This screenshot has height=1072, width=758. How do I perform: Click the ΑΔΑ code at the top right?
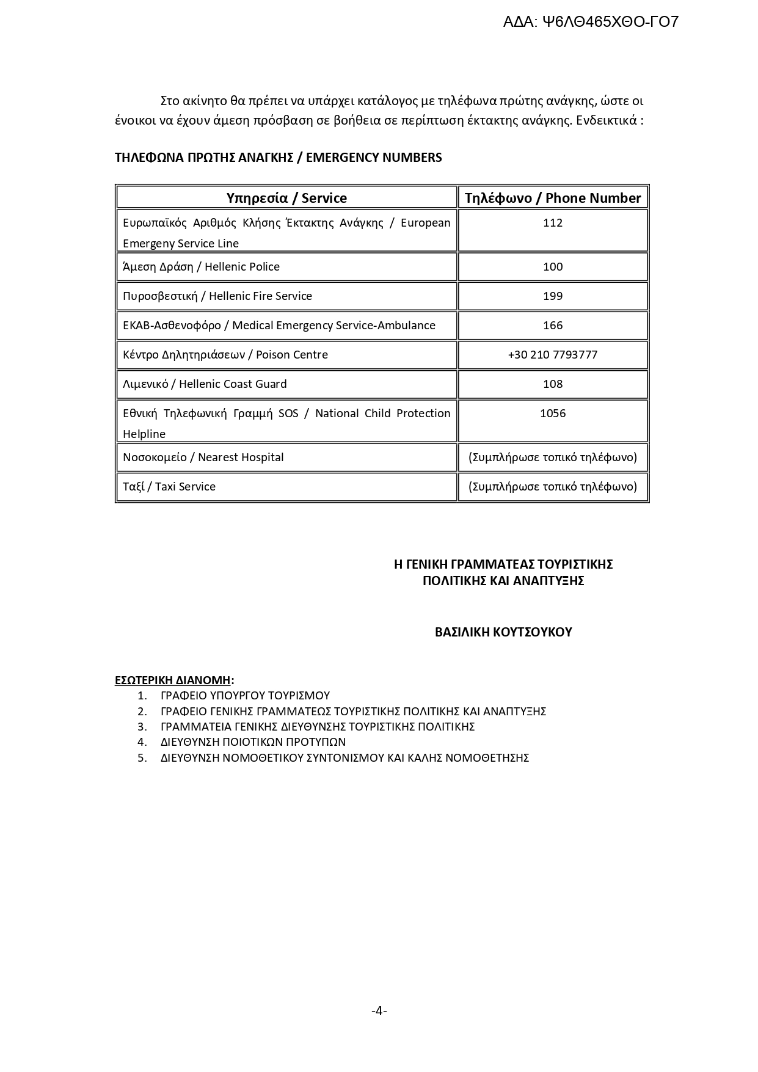[x=591, y=23]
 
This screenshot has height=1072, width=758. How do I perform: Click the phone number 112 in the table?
[x=553, y=223]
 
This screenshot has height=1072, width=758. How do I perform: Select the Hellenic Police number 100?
[x=553, y=267]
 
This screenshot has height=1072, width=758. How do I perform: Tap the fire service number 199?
[x=553, y=296]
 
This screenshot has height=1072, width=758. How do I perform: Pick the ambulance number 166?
[x=553, y=326]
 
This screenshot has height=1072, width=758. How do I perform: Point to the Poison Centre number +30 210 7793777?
[x=553, y=355]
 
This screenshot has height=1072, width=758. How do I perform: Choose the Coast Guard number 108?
[x=553, y=384]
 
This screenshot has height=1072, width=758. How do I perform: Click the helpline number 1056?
[x=553, y=414]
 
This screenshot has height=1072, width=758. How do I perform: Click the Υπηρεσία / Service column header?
[x=286, y=198]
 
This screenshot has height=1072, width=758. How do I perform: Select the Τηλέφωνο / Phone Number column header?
[x=553, y=198]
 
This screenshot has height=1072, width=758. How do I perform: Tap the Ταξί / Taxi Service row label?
[x=169, y=487]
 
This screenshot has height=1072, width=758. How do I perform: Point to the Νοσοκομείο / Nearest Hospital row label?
[x=203, y=458]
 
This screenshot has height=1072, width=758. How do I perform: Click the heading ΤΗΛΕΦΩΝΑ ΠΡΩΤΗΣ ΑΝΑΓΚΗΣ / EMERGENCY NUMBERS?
[x=278, y=158]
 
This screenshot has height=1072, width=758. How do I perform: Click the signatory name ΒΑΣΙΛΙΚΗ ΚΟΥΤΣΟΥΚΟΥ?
[x=503, y=632]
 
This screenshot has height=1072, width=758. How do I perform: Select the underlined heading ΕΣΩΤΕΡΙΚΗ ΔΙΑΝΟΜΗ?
[x=173, y=680]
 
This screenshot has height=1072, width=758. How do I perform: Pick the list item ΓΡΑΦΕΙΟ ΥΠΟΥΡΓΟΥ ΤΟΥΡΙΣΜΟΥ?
[x=245, y=696]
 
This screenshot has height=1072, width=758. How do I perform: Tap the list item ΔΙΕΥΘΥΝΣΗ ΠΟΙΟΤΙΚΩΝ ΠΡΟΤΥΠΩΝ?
[x=253, y=742]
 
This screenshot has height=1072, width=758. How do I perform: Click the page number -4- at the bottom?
[x=379, y=1011]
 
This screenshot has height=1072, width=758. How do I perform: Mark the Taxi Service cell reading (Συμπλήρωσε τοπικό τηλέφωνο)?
[x=553, y=487]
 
